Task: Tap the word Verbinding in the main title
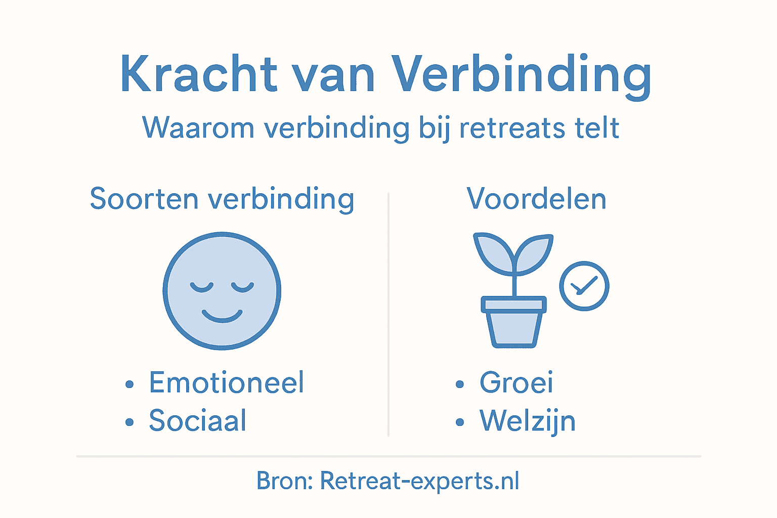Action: tap(521, 75)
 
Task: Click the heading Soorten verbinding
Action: tap(222, 199)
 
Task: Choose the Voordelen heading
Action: tap(536, 199)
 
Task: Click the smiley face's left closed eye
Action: tap(202, 287)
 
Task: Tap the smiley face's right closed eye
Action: tap(242, 287)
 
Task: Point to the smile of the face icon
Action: tap(222, 316)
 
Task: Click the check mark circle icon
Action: tap(584, 286)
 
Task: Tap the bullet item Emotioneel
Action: tap(226, 382)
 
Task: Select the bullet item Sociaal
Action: tap(197, 420)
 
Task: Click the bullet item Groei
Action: tap(516, 382)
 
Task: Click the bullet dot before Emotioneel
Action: tap(129, 384)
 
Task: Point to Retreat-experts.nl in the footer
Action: tap(419, 481)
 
